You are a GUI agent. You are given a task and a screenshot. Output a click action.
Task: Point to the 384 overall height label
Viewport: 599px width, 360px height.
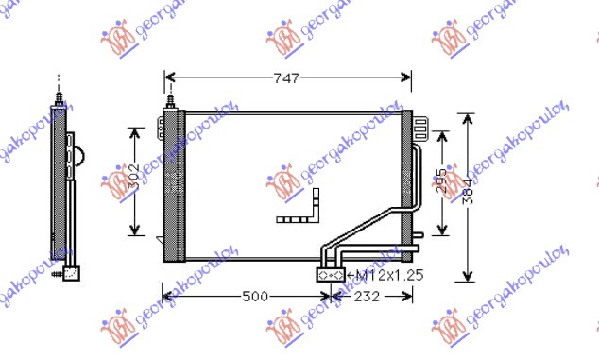click(x=467, y=197)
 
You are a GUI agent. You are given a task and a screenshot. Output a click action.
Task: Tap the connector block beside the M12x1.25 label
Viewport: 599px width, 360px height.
click(x=331, y=275)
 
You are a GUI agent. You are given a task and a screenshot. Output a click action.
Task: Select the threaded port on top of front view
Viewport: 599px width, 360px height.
click(x=171, y=100)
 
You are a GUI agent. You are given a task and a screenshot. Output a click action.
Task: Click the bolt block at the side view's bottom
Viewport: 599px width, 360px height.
click(x=69, y=272)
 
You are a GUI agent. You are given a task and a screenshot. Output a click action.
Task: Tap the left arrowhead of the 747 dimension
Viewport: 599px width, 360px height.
click(x=168, y=78)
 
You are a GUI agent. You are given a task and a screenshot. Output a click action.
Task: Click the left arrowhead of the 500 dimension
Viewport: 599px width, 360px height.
click(x=168, y=297)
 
